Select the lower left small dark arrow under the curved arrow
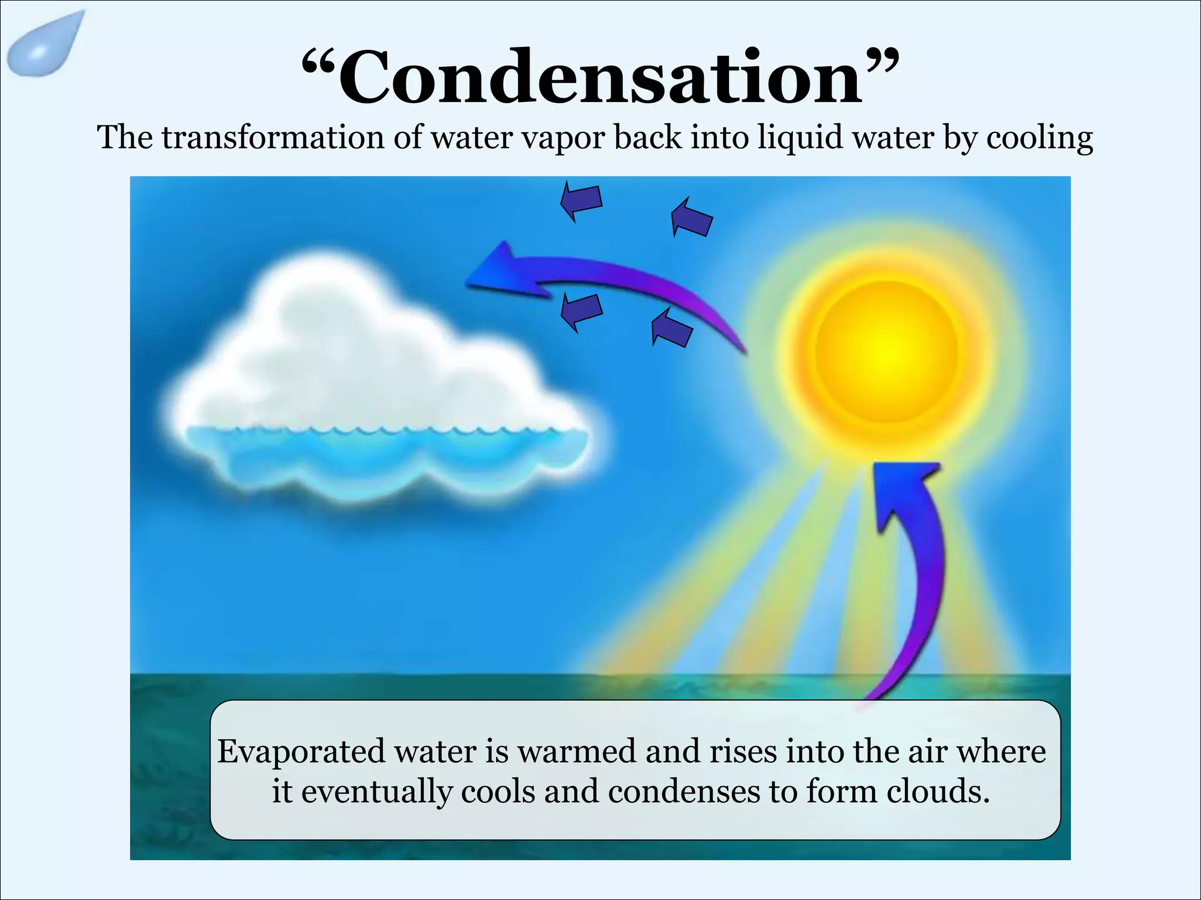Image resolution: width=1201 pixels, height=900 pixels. [581, 311]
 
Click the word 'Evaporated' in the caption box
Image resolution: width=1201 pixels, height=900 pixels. [301, 752]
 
